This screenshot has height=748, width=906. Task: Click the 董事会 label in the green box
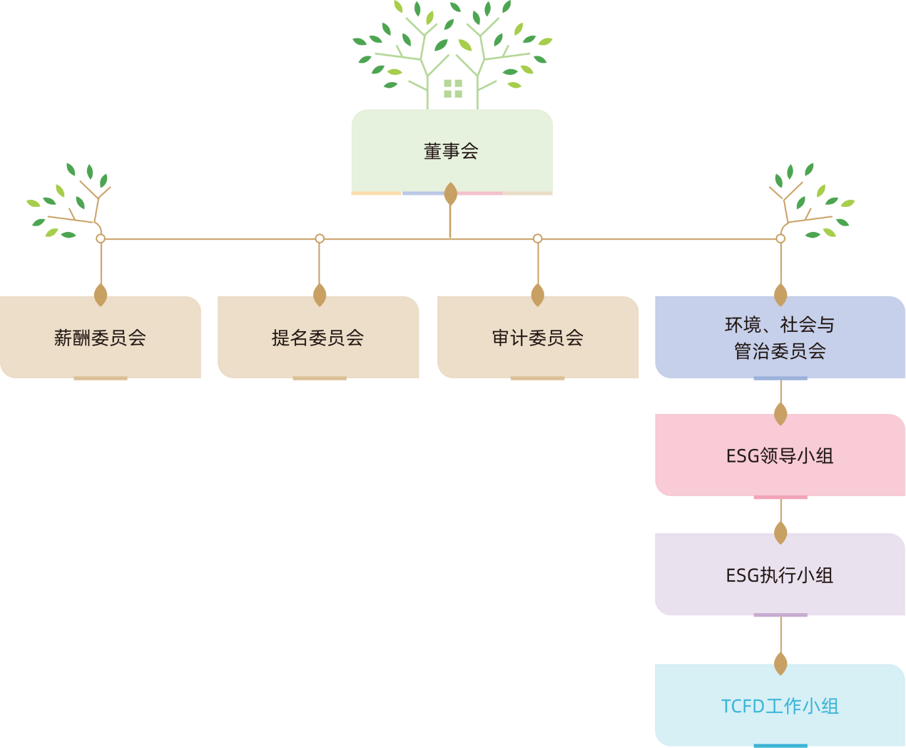point(451,151)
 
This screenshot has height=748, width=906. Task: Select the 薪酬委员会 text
point(100,338)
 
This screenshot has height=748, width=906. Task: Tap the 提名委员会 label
point(317,338)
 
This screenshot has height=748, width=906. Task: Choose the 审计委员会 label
point(538,338)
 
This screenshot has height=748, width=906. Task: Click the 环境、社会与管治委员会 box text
point(780,338)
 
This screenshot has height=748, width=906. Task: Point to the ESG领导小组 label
point(780,456)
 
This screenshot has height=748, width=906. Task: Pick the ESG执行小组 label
point(780,575)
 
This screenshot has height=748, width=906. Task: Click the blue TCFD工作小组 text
point(780,706)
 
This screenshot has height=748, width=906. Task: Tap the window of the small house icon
point(453,89)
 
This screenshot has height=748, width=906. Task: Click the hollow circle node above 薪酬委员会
point(101,238)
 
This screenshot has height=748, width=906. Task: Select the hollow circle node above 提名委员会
point(320,238)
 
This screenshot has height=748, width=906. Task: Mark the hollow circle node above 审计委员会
point(538,238)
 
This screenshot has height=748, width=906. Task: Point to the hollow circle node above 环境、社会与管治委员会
point(780,238)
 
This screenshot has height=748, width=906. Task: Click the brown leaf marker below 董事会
point(450,193)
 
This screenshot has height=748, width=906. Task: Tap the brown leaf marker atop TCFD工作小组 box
point(780,664)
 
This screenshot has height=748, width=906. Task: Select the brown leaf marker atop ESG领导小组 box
point(780,414)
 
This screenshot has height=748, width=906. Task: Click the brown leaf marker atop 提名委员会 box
point(320,295)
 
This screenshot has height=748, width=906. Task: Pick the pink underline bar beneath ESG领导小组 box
point(780,497)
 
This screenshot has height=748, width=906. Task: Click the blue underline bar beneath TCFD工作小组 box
point(780,746)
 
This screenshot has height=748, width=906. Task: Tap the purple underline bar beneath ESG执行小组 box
point(780,615)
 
